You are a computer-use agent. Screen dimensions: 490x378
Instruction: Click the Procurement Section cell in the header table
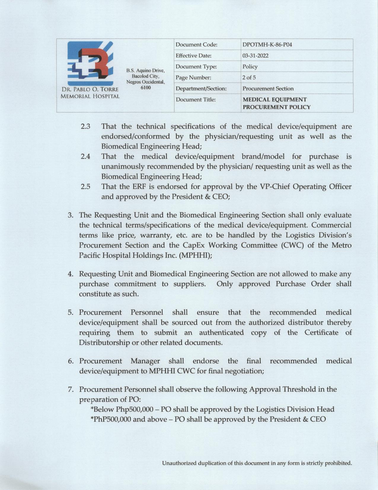tap(268, 89)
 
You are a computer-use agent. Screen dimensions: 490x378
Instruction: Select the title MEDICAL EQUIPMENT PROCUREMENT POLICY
tap(276, 103)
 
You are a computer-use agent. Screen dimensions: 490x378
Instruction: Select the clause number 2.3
tap(85, 127)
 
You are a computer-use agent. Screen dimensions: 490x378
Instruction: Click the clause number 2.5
tap(85, 187)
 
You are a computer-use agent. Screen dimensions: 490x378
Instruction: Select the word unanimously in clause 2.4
tap(123, 167)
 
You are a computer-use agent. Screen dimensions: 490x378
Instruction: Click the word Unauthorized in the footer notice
tap(179, 463)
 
